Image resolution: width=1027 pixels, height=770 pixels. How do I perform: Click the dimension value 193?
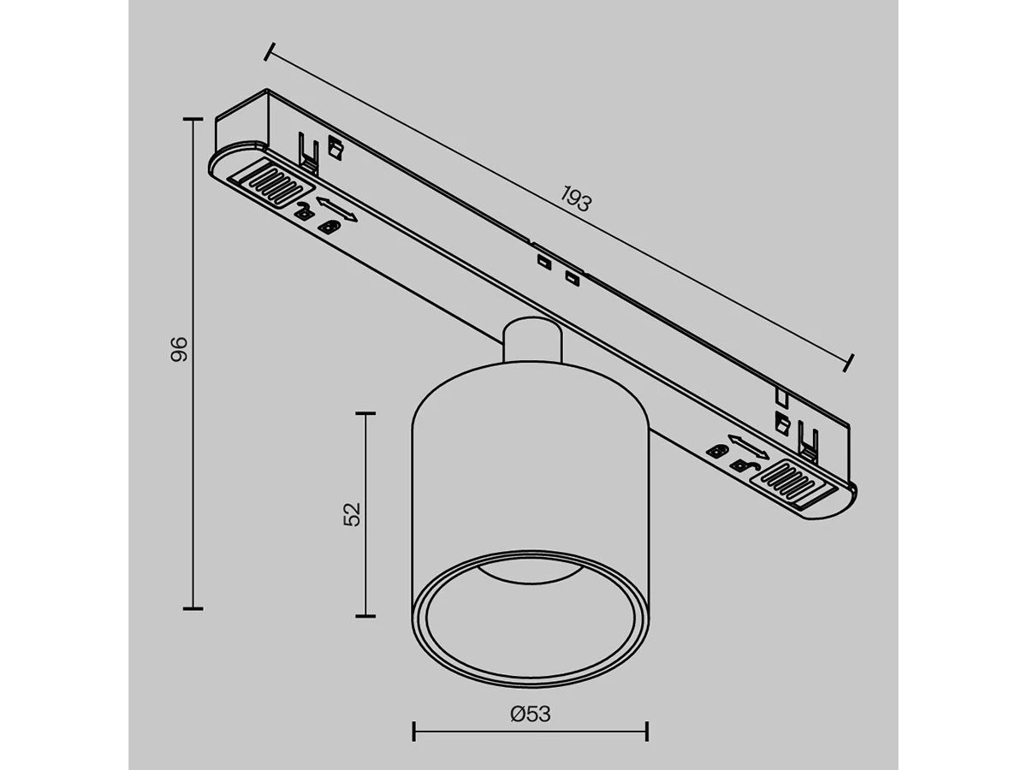576,199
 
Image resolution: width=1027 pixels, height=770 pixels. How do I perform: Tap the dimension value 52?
352,513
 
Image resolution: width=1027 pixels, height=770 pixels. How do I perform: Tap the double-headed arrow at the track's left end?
336,208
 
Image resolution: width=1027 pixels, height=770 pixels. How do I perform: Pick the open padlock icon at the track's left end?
303,211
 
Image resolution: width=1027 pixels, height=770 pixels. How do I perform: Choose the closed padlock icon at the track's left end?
329,225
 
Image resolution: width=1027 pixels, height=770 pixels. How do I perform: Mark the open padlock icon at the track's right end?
742,465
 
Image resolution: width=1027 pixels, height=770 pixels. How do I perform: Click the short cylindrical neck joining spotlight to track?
532,341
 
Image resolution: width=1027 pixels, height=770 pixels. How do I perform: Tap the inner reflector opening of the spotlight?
531,616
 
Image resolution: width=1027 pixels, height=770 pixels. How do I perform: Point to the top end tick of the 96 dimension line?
193,120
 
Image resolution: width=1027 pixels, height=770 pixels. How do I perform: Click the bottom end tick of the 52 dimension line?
365,615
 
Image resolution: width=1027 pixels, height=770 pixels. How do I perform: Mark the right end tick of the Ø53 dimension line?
647,731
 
